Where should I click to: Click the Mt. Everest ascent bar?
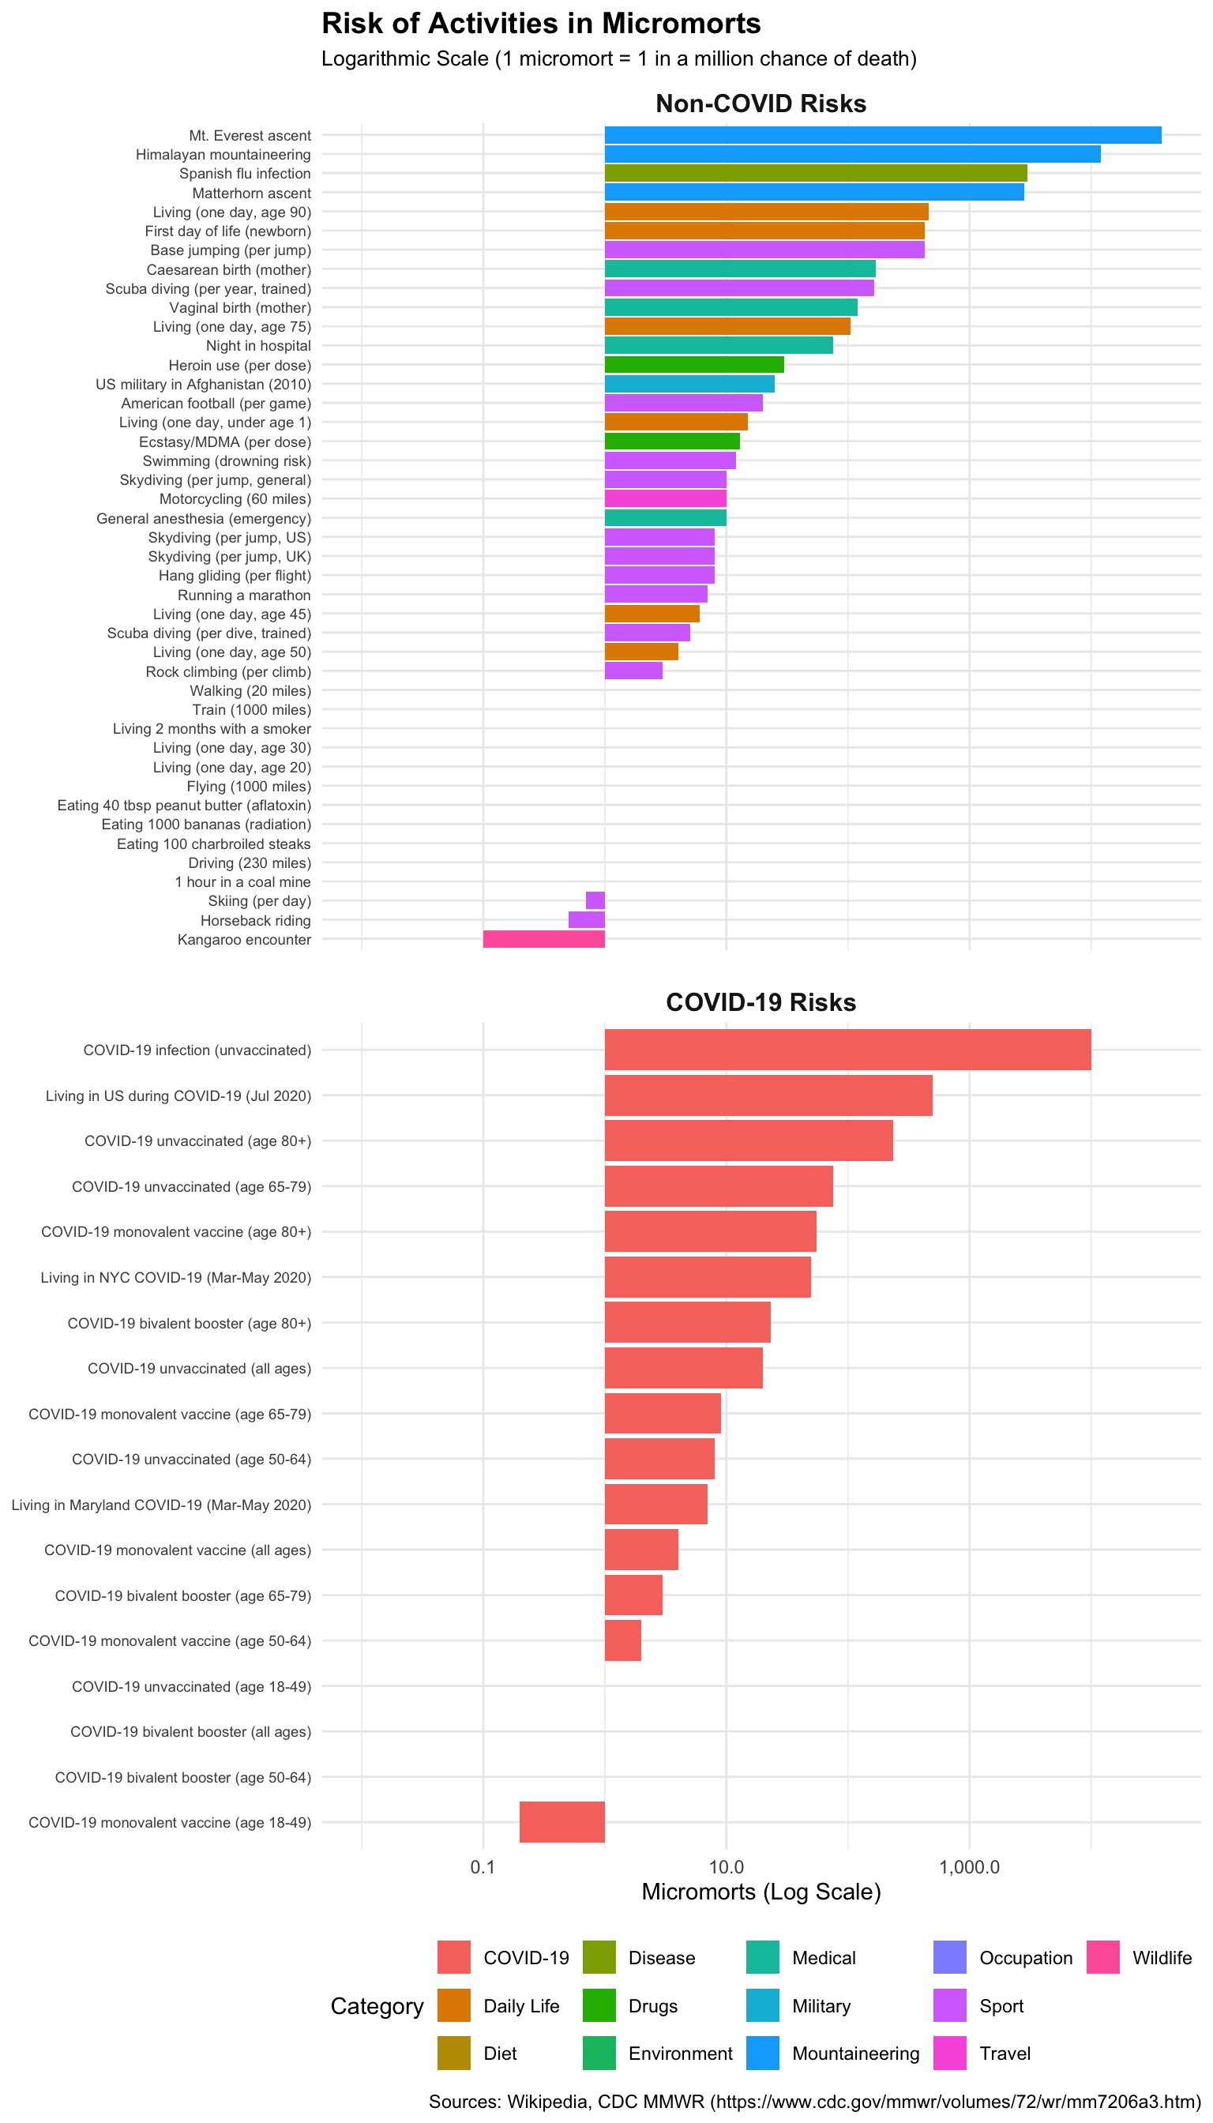tap(882, 135)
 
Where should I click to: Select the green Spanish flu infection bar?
tap(815, 173)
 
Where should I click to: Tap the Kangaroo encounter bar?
tap(543, 939)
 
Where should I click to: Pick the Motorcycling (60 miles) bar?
tap(665, 498)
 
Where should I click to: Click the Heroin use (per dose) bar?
tap(693, 365)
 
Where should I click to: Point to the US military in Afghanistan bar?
tap(689, 384)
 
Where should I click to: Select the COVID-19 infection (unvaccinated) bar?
tap(847, 1049)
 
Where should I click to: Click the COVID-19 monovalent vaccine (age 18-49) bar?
tap(561, 1822)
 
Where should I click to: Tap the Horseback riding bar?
tap(586, 920)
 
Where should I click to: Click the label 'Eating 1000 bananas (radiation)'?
tap(206, 824)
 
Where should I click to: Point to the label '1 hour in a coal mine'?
tap(242, 881)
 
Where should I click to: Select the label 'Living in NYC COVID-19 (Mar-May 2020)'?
tap(175, 1277)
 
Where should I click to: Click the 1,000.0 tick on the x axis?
tap(969, 1867)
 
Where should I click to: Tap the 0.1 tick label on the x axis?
tap(483, 1867)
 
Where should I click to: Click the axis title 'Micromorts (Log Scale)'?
tap(760, 1892)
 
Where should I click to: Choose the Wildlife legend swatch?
tap(1102, 1958)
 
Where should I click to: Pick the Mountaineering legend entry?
tap(854, 2053)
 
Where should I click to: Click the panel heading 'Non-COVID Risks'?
tap(760, 103)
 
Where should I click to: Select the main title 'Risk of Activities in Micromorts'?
tap(541, 24)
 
